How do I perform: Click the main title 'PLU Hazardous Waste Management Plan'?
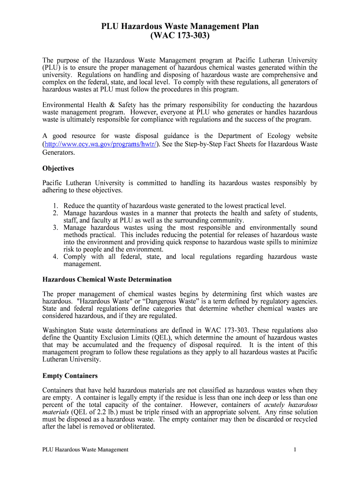[x=180, y=27]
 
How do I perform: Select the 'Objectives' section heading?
[x=58, y=168]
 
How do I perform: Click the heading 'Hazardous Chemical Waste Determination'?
[x=107, y=279]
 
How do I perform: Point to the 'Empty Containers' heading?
[x=70, y=376]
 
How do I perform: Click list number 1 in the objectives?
[x=55, y=206]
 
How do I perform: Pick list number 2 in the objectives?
[x=55, y=213]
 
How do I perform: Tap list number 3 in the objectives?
[x=55, y=228]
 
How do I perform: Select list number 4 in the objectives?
[x=55, y=257]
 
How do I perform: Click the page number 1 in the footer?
[x=295, y=450]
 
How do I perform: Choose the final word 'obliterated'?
[x=138, y=427]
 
